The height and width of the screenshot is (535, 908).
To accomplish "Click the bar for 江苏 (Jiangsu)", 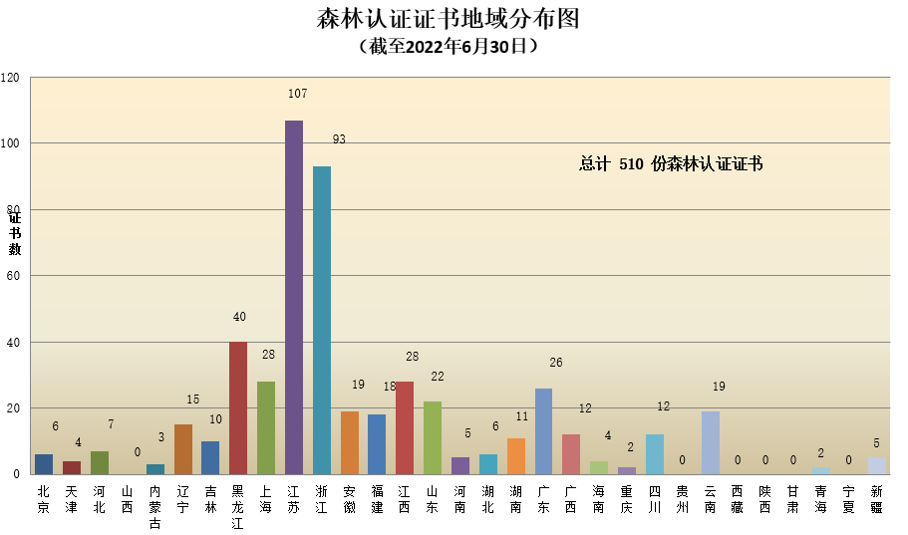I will coord(294,297).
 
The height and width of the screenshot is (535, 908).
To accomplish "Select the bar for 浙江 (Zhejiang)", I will coord(322,320).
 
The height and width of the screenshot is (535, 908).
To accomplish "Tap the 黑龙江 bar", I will coord(238,407).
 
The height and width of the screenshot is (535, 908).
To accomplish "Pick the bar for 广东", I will coord(543,430).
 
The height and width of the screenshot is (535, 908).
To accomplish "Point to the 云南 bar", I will coord(710,442).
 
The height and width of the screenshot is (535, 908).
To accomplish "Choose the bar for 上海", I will coord(266,427).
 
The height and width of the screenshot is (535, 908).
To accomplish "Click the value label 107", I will coord(297,94).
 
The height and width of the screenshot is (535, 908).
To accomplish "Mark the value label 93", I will coord(339,139).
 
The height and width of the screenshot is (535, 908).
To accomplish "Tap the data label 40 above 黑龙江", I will coord(239,317).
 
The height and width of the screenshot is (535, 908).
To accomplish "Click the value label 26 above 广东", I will coord(556,363).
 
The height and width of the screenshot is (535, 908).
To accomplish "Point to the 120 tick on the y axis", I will coord(11,78).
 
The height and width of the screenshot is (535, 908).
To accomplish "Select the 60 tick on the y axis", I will coord(14,276).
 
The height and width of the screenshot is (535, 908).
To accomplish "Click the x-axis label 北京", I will coord(44,498).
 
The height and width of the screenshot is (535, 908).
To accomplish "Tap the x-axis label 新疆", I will coord(876,498).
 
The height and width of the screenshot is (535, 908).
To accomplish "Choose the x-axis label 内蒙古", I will coord(154,505).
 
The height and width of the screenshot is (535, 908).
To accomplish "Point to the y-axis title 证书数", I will coord(15,233).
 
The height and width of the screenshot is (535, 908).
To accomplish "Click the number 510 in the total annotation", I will coord(631,164).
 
